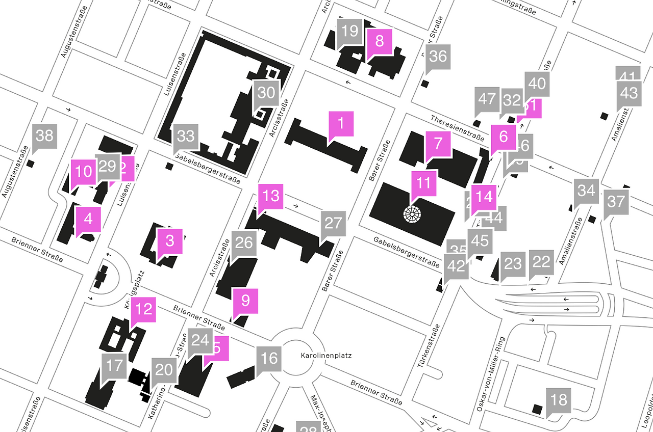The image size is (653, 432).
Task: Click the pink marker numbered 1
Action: pos(341,124)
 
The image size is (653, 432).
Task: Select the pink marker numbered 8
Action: pos(379,42)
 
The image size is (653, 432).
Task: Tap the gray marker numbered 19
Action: pos(350,32)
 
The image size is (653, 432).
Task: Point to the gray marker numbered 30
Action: pos(266,93)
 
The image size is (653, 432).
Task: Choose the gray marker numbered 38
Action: pos(44,136)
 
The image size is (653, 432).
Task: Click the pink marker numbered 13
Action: pos(271,196)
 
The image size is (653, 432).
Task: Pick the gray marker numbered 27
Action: pos(333,224)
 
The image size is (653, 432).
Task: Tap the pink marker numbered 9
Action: pos(245,301)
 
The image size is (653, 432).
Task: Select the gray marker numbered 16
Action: pos(269,359)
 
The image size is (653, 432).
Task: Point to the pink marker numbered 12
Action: pos(144,310)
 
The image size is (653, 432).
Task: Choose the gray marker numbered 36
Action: pos(438,57)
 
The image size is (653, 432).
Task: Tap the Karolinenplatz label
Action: pos(319,356)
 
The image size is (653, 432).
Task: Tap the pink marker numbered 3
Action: pos(170,241)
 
